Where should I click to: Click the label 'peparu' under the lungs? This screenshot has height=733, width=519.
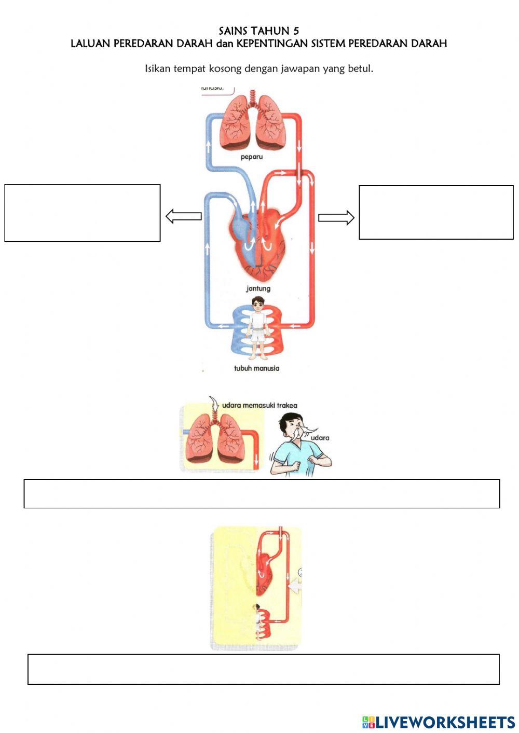pos(252,157)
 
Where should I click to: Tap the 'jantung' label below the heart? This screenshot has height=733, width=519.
pos(258,288)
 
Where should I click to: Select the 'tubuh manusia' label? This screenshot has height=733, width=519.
pos(256,368)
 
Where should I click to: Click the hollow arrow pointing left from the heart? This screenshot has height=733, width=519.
pos(183,216)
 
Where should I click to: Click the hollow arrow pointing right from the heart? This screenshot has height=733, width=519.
pos(336,218)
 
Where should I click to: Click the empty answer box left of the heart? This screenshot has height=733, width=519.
pos(82,213)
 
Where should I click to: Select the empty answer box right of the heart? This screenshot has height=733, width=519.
pos(436,213)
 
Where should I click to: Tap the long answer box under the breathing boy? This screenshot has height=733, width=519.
pos(262,493)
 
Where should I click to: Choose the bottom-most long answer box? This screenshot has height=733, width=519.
pos(263,669)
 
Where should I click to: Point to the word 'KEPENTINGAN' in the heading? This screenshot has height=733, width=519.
pos(272,44)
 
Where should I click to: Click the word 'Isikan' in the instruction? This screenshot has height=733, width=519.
pos(158,68)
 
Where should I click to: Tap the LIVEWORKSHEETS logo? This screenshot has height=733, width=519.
pos(439,722)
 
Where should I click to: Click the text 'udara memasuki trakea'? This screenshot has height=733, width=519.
pos(259,406)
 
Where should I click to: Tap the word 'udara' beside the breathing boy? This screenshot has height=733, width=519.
pos(320,438)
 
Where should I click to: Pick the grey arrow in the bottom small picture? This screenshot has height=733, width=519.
pos(295,586)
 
